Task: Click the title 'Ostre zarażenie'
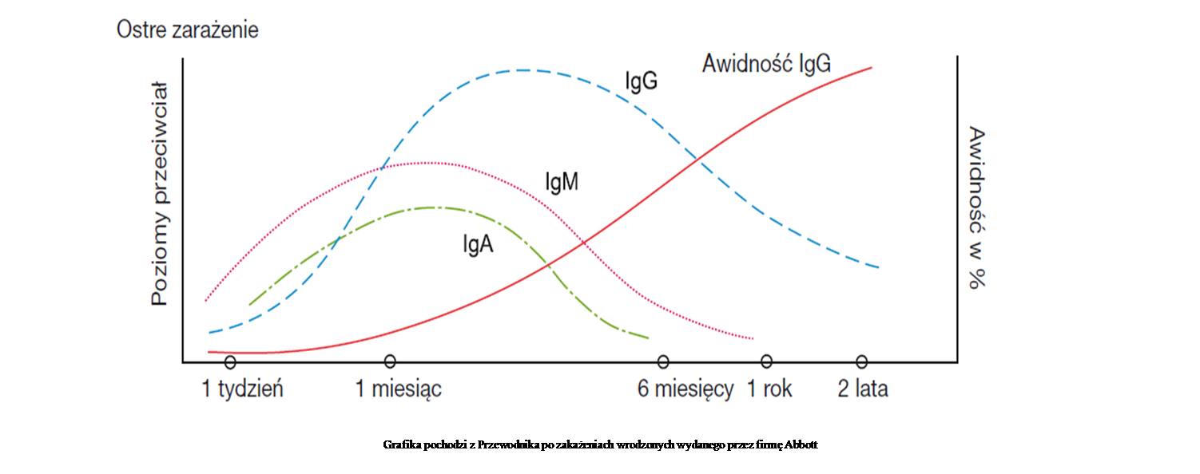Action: [188, 30]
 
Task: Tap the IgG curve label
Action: [641, 81]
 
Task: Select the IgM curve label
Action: [562, 182]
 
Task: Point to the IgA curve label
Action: [478, 244]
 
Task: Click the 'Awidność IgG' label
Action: [767, 64]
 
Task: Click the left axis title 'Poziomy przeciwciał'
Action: [160, 194]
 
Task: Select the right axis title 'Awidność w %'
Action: [977, 207]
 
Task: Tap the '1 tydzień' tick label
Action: [242, 389]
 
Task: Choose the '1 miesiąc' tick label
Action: [399, 389]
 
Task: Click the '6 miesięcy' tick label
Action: [685, 389]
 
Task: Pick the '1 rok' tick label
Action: [769, 389]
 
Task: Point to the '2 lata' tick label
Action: [863, 389]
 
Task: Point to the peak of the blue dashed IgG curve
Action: [523, 70]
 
